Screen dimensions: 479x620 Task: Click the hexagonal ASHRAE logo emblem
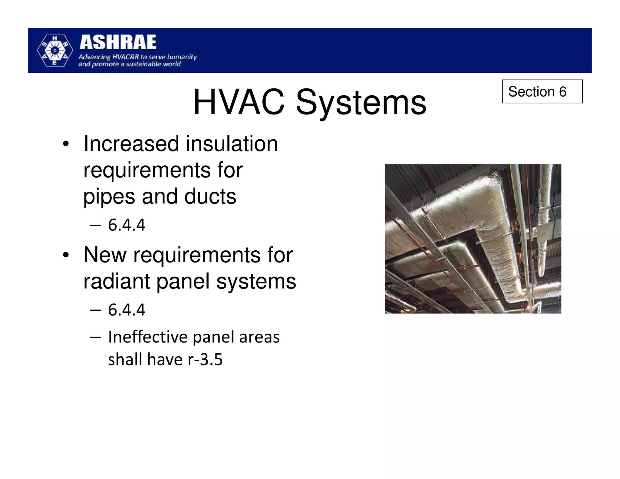55,51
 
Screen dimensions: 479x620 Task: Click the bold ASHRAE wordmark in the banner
118,42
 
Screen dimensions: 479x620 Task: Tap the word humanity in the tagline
182,57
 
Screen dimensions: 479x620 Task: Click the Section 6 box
542,91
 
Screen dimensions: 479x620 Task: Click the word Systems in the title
361,103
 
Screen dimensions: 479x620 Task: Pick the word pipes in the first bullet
109,197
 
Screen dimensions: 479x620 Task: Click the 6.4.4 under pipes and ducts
127,225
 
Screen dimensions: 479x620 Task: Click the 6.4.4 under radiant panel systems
127,310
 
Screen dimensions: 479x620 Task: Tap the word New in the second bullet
105,255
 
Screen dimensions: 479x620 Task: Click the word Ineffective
148,337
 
